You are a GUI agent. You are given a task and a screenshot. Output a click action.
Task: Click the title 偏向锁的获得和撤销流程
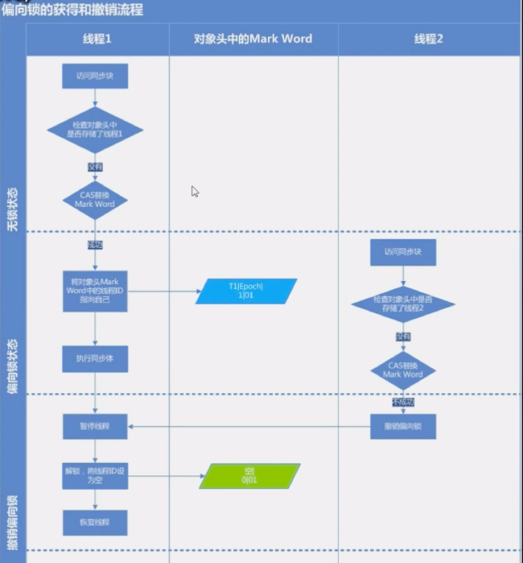[72, 9]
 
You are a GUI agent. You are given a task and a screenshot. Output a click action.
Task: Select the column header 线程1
[97, 39]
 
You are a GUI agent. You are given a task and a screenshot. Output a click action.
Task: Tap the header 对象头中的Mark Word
[253, 39]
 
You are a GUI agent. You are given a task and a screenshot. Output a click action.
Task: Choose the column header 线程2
[429, 39]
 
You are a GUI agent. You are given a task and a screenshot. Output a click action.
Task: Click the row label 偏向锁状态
[12, 366]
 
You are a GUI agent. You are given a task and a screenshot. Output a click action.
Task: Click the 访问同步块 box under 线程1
[95, 77]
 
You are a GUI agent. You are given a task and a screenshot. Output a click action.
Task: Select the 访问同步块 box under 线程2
[402, 252]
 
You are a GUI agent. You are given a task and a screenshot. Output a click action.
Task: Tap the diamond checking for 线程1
[95, 130]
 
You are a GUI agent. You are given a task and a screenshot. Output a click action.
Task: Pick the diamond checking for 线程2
[402, 304]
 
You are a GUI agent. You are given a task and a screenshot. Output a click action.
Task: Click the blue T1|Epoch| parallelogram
[246, 291]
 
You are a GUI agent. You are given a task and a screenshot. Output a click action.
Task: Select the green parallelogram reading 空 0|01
[249, 476]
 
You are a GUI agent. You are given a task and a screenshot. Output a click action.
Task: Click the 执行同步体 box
[95, 358]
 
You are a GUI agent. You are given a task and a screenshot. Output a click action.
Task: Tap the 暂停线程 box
[95, 426]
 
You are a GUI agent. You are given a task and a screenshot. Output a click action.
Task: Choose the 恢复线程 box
[95, 523]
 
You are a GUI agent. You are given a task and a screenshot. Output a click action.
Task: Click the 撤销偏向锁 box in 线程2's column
[402, 426]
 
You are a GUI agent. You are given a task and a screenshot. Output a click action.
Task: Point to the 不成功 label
[402, 400]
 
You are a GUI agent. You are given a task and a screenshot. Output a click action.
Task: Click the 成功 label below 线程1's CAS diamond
[95, 243]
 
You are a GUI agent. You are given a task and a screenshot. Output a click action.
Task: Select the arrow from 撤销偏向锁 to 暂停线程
[249, 426]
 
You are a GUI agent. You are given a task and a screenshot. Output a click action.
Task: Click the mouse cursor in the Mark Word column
[195, 192]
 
